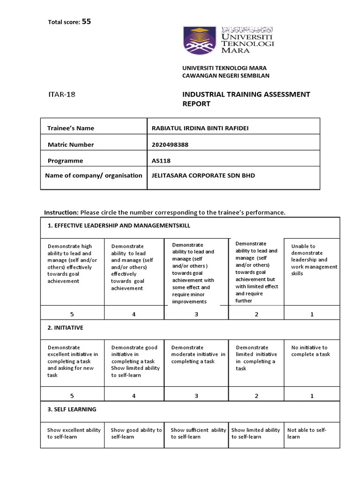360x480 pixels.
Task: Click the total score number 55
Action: tap(86, 21)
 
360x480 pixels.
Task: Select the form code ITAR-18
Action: tap(62, 94)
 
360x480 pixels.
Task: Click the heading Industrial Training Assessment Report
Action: tap(246, 99)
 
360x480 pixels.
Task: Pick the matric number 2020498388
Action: tap(170, 144)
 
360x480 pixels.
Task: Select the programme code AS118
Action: tap(161, 160)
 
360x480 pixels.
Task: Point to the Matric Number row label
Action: tap(71, 144)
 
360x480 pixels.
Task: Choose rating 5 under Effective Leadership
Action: tap(72, 314)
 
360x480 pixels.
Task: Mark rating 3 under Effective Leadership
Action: tap(196, 314)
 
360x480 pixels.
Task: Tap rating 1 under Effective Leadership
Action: tap(312, 314)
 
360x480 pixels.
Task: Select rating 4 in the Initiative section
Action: tap(134, 396)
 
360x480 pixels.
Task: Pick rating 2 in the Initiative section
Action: tap(256, 396)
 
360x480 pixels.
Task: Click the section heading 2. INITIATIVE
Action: tap(66, 328)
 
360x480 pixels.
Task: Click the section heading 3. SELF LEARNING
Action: tap(72, 409)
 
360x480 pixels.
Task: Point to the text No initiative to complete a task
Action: tap(310, 351)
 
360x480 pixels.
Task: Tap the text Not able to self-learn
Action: tap(307, 433)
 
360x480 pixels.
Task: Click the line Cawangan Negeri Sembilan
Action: tap(225, 75)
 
